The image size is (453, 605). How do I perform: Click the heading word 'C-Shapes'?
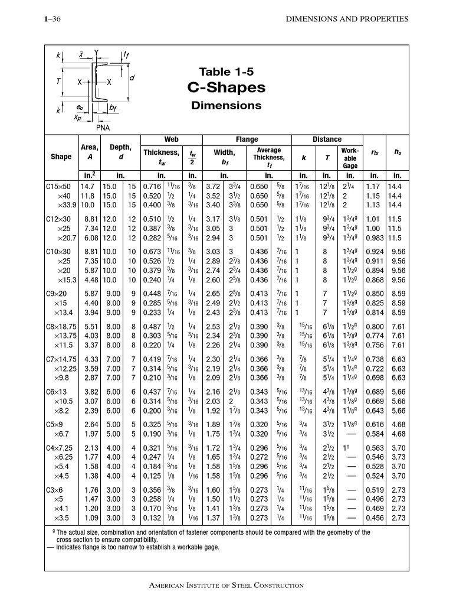click(x=226, y=88)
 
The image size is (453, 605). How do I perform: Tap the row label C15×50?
click(x=58, y=186)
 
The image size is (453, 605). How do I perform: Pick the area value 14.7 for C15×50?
click(x=87, y=186)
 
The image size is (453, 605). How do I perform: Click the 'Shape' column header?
click(x=61, y=157)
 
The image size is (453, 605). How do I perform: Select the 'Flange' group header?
click(x=247, y=139)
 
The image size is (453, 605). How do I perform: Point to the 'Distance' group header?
click(x=327, y=139)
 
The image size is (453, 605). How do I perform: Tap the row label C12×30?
click(x=58, y=219)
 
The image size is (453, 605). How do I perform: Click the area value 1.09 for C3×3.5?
click(x=88, y=518)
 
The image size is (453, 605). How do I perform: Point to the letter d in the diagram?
click(x=132, y=78)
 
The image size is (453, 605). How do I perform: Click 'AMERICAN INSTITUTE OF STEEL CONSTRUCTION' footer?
click(x=226, y=586)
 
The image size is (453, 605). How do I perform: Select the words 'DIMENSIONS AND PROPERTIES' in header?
click(x=347, y=19)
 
